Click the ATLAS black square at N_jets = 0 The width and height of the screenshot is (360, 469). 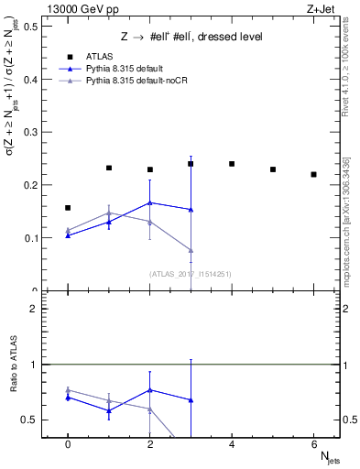(x=68, y=208)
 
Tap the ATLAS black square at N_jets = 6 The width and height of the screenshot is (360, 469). (x=313, y=174)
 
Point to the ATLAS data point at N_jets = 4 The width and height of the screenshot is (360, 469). (x=232, y=164)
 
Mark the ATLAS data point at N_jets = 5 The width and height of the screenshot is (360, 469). (x=273, y=169)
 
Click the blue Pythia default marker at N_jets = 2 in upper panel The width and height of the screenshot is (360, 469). (x=149, y=202)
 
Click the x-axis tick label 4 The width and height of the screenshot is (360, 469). (x=232, y=444)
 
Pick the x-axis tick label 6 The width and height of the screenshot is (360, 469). (x=313, y=444)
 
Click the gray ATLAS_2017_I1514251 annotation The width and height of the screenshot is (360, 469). (x=191, y=273)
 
